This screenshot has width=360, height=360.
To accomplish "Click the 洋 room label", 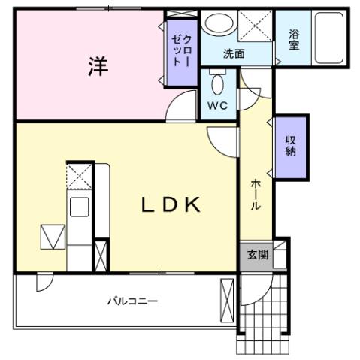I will (x=96, y=66).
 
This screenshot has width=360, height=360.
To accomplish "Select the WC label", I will (x=217, y=105).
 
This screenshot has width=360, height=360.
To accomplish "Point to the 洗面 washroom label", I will (x=234, y=54).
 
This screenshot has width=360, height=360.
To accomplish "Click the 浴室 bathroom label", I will (x=294, y=39).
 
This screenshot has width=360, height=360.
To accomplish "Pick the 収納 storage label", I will (x=290, y=145).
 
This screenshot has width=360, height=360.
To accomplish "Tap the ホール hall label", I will (x=256, y=195).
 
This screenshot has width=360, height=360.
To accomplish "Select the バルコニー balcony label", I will (x=132, y=301).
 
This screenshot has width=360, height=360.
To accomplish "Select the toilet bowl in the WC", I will (x=217, y=83).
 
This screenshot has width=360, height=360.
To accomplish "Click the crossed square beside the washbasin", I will (x=256, y=28).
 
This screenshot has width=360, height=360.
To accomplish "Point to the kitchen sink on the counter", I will (x=79, y=206).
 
